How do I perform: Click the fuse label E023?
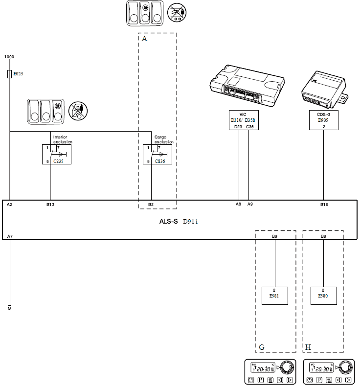point(18,74)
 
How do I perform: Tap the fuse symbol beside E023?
point(10,74)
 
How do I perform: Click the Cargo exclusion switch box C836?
point(157,154)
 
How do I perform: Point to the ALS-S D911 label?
point(179,222)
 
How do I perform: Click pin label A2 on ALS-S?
point(10,205)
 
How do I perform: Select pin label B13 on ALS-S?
point(50,205)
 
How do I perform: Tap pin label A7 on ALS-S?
point(10,236)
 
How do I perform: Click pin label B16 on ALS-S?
point(324,205)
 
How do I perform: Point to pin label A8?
point(238,205)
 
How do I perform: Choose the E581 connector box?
point(275,296)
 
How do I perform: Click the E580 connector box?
point(323,296)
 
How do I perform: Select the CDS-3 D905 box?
point(323,119)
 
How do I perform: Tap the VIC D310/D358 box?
point(243,119)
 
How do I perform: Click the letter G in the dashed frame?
point(262,347)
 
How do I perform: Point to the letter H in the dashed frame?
point(308,347)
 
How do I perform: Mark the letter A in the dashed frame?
point(144,39)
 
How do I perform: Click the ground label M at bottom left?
point(10,309)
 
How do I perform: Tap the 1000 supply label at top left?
point(9,57)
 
